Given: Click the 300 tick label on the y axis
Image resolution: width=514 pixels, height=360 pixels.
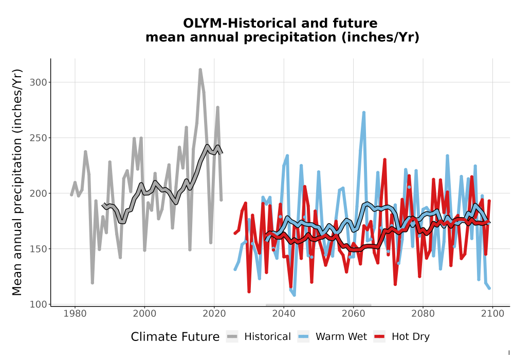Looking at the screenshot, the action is [39, 82].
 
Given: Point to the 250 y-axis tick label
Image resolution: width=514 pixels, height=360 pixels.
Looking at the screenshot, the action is [39, 138].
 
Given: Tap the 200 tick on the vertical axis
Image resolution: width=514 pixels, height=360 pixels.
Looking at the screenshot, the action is [39, 193].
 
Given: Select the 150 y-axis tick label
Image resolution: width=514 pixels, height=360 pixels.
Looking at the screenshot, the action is [39, 249].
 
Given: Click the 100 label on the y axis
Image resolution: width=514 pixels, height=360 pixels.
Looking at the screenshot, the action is [39, 304].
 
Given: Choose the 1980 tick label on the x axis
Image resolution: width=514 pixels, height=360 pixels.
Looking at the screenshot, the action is [75, 314].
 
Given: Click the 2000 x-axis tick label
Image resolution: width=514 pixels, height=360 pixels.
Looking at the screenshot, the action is [144, 314].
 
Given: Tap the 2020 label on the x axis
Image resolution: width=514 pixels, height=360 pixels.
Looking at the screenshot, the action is [214, 314].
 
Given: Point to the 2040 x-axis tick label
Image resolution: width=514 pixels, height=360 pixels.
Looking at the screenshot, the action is [284, 314].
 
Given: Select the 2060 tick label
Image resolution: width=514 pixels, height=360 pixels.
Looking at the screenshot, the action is [354, 314].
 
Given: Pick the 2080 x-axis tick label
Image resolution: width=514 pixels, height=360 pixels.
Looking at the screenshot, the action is [423, 314].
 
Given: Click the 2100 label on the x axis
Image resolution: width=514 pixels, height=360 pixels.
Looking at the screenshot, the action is [492, 314].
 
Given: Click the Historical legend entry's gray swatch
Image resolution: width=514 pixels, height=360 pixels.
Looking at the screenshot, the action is [232, 337].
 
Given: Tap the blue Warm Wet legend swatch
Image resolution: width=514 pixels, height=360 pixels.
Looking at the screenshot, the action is [303, 337].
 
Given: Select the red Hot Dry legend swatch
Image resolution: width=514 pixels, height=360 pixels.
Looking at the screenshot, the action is [379, 337].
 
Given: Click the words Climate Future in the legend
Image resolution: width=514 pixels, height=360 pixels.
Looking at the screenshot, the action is [175, 337].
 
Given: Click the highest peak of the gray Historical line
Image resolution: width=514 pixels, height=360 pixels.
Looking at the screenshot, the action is [200, 70].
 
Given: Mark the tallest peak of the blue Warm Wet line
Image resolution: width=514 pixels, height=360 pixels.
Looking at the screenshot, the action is [363, 113].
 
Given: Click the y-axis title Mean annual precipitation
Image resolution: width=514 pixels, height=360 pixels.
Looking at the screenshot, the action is [17, 182].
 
